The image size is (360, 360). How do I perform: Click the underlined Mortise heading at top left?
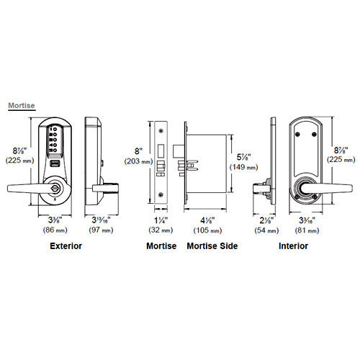[x=22, y=106]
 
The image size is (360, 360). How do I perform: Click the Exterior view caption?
[x=66, y=246]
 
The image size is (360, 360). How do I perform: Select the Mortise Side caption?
[x=212, y=246]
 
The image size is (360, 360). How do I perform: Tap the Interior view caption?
[x=293, y=246]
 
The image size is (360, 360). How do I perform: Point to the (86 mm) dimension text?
[x=55, y=230]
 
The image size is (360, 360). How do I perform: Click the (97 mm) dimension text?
[x=101, y=230]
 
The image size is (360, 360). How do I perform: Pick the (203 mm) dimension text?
[x=138, y=161]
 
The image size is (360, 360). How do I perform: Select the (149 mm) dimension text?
[x=244, y=167]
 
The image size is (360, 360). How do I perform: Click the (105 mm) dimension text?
[x=207, y=230]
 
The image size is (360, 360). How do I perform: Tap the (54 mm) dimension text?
[x=266, y=230]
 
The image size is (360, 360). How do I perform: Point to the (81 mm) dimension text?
[x=307, y=230]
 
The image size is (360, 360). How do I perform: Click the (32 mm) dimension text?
[x=161, y=230]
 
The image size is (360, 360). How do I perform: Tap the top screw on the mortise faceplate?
[x=161, y=130]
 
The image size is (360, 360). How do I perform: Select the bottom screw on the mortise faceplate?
[x=161, y=194]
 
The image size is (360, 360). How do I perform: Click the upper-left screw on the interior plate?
[x=297, y=135]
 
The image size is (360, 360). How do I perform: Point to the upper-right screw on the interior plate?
[x=314, y=135]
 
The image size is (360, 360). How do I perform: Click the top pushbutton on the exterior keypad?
[x=55, y=130]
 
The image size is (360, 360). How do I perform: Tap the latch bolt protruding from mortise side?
[x=179, y=150]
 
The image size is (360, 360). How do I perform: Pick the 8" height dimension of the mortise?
[x=138, y=151]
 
